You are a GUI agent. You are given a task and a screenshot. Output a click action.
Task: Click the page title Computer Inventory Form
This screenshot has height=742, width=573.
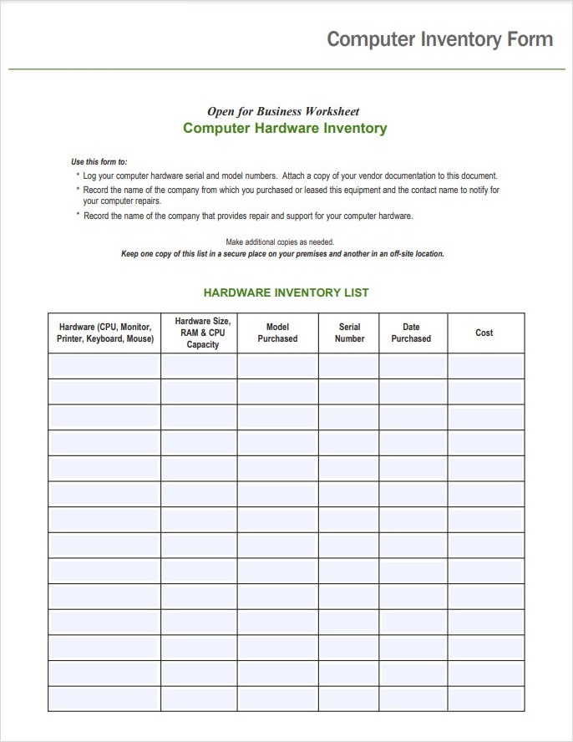439,39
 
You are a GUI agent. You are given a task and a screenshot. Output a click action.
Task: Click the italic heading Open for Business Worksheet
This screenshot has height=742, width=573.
283,111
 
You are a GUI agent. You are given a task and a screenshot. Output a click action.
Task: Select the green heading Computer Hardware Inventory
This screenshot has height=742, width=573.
285,129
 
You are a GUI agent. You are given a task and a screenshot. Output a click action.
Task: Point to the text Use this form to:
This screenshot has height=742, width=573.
99,162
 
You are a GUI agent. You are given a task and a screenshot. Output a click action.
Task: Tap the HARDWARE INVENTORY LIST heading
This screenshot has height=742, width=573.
286,292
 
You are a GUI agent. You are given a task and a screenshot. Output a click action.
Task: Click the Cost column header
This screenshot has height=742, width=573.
484,333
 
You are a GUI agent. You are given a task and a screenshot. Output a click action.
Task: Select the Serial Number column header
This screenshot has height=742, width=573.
349,333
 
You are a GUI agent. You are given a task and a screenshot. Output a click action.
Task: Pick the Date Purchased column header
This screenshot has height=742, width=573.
411,333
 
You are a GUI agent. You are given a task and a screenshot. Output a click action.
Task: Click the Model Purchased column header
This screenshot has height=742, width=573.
277,333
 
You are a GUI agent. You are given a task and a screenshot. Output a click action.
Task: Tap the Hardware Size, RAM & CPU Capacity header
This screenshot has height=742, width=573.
203,333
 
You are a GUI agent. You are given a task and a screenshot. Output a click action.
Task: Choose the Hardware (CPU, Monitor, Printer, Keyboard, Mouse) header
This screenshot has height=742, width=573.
104,333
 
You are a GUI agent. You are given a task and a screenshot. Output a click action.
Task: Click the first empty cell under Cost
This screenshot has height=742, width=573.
485,366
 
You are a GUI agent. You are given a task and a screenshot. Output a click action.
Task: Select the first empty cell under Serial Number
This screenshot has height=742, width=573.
348,366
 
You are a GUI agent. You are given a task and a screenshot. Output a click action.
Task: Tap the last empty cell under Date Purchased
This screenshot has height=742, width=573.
413,699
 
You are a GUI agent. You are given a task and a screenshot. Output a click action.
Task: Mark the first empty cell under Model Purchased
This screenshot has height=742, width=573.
277,366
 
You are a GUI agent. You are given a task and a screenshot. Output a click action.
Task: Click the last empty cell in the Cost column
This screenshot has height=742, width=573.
485,699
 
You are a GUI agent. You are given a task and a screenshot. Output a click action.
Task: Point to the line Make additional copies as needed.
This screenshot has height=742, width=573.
280,242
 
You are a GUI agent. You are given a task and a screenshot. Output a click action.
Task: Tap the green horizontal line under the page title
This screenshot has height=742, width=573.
286,69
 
